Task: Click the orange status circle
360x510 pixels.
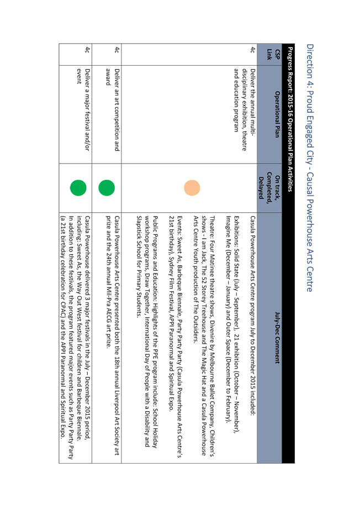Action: click(x=192, y=188)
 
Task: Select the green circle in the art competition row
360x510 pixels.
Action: click(x=107, y=188)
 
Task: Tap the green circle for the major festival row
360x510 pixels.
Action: click(x=78, y=188)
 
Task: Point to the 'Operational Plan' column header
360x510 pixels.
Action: click(x=277, y=114)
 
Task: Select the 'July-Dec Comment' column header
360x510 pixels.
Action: click(x=277, y=338)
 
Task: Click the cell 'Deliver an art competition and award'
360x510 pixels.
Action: click(x=113, y=110)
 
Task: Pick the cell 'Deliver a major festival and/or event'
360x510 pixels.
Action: click(x=83, y=109)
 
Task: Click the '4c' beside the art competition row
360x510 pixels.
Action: click(x=117, y=50)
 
